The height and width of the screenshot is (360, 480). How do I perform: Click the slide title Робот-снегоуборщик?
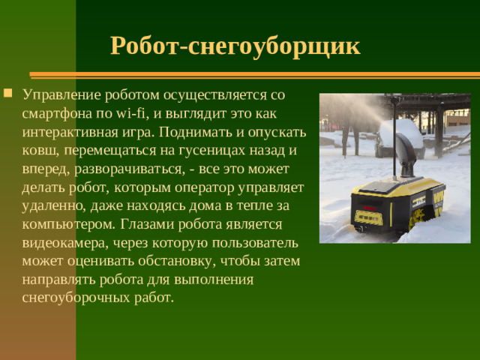235,46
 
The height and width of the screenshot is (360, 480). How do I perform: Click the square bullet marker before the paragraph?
7,94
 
